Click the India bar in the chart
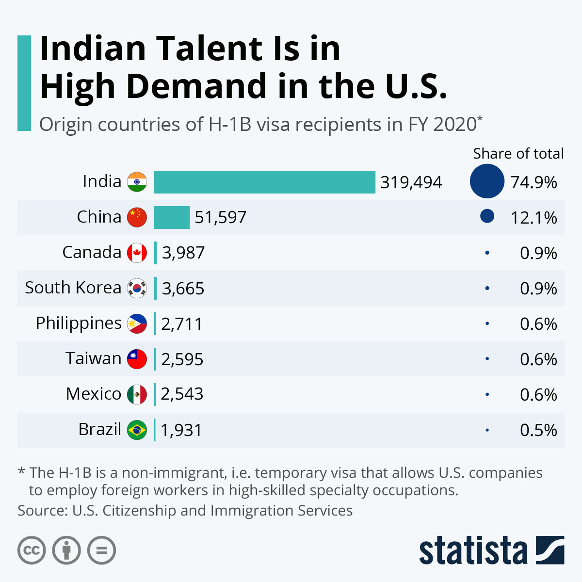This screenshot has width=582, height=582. tap(264, 182)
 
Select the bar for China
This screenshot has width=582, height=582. tap(172, 217)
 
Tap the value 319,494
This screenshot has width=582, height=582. tap(411, 182)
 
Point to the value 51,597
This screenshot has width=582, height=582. tap(220, 217)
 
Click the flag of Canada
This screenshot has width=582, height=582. tap(137, 253)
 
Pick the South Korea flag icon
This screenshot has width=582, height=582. tap(137, 288)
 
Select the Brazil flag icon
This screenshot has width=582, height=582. tap(137, 430)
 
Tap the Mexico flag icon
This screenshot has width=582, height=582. tap(137, 394)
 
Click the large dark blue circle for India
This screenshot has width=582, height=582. tap(487, 181)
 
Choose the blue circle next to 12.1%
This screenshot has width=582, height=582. tap(487, 216)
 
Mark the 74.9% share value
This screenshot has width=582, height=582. tap(533, 182)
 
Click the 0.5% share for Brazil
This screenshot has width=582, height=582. tap(538, 430)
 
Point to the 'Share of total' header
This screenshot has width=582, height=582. tap(518, 154)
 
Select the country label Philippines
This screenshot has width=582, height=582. tap(79, 323)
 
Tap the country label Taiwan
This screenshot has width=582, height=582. tap(94, 358)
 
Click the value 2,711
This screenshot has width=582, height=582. tap(181, 324)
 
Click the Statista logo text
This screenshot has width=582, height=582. tap(473, 550)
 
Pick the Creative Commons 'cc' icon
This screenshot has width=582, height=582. tap(32, 550)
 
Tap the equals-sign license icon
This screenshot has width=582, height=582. tap(102, 550)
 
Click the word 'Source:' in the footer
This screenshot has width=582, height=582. tap(42, 511)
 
